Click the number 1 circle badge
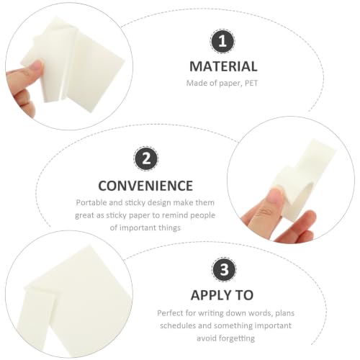pyautogui.click(x=222, y=41)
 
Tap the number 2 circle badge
pyautogui.click(x=146, y=159)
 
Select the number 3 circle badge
pyautogui.click(x=224, y=269)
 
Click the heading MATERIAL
pyautogui.click(x=223, y=66)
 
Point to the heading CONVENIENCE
pyautogui.click(x=145, y=186)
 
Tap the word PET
pyautogui.click(x=251, y=84)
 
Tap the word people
pyautogui.click(x=203, y=216)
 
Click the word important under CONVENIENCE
pyautogui.click(x=138, y=228)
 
